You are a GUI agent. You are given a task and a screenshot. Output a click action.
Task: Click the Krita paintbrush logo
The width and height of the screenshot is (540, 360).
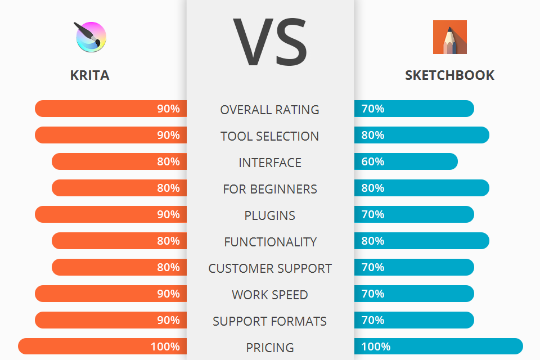pyautogui.click(x=91, y=37)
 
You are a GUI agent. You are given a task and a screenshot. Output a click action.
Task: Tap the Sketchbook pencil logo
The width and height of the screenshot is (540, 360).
pyautogui.click(x=449, y=37)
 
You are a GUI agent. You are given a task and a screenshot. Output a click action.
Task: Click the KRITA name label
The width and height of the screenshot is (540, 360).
pyautogui.click(x=90, y=75)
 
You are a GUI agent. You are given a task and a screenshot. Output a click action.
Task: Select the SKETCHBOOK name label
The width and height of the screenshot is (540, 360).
pyautogui.click(x=449, y=75)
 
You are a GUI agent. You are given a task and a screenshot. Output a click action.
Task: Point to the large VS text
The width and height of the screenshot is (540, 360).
pyautogui.click(x=270, y=42)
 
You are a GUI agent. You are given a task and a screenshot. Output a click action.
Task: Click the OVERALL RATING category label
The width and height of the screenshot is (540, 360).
pyautogui.click(x=270, y=110)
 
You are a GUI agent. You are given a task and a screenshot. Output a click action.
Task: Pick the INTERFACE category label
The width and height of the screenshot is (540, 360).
pyautogui.click(x=270, y=163)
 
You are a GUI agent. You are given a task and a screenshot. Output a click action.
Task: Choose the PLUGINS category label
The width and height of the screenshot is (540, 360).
pyautogui.click(x=270, y=215)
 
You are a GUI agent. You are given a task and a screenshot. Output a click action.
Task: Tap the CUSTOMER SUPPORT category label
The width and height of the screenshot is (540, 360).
pyautogui.click(x=270, y=268)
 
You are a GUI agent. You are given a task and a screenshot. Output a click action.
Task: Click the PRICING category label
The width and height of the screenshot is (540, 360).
pyautogui.click(x=270, y=348)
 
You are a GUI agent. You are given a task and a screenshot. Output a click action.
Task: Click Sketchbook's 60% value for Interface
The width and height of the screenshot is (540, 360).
pyautogui.click(x=373, y=161)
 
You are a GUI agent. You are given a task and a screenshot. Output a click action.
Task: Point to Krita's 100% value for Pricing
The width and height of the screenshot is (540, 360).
pyautogui.click(x=165, y=346)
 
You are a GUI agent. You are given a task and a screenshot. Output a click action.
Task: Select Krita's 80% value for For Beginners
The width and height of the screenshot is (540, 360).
pyautogui.click(x=168, y=188)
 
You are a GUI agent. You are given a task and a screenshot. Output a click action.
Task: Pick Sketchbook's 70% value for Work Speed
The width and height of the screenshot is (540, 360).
pyautogui.click(x=373, y=294)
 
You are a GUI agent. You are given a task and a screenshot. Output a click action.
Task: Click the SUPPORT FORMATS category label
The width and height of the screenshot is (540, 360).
pyautogui.click(x=270, y=321)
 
